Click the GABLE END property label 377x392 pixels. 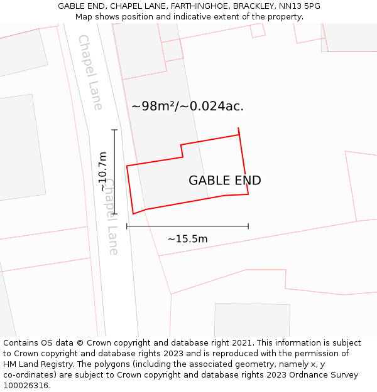[224, 181]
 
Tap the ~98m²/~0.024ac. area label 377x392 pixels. [187, 106]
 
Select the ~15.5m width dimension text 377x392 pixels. [187, 238]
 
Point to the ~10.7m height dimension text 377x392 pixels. [103, 171]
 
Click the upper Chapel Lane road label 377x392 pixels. [90, 72]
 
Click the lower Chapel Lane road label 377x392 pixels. [111, 216]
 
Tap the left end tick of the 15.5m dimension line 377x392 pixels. [127, 226]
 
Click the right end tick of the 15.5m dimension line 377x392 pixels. [248, 226]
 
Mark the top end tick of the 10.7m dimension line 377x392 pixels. [114, 130]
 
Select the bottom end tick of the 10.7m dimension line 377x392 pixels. [114, 214]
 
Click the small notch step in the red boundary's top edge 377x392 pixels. [182, 151]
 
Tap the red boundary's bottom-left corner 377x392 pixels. [133, 214]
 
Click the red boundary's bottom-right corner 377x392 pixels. [248, 194]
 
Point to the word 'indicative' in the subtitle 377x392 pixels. [214, 16]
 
